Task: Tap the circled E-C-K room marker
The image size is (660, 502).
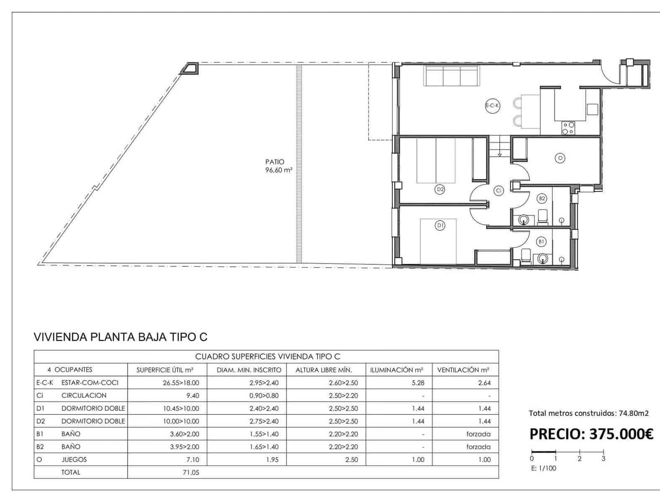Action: pos(492,106)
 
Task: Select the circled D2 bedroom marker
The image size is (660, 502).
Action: pos(440,190)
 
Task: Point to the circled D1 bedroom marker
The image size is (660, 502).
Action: pos(440,225)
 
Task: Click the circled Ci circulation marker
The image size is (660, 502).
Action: pos(498,191)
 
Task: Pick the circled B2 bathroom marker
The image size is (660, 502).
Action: pos(542,198)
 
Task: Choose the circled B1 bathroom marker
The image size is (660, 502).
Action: pos(541,241)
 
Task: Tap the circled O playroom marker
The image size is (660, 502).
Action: pos(560,158)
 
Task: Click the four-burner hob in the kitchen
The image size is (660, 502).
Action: pos(568,128)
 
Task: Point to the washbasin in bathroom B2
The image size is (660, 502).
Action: pos(523,219)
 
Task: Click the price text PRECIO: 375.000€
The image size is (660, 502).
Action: pos(591,434)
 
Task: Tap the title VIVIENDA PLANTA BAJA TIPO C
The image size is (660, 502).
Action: pos(120,337)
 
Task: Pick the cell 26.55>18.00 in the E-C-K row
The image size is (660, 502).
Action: pos(181,382)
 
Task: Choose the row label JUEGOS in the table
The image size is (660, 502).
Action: pos(74,459)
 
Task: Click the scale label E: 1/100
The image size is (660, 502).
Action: pos(544,468)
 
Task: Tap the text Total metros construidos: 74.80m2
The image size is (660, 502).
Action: pos(588,413)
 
